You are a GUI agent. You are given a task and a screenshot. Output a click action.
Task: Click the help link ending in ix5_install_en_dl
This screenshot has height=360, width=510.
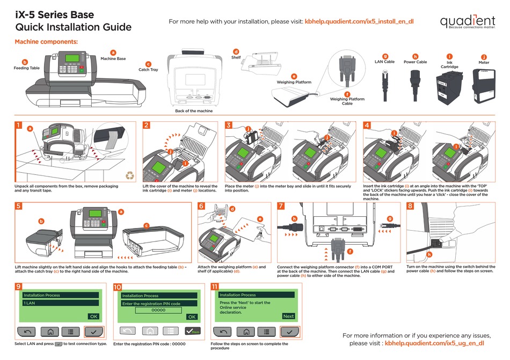pos(359,21)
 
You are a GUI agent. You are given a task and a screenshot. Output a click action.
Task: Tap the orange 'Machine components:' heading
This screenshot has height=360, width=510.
pos(46,41)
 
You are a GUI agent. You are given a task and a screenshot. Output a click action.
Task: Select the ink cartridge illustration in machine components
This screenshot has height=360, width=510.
pos(448,86)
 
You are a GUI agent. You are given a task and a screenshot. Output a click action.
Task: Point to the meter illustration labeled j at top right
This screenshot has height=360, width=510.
pos(483,85)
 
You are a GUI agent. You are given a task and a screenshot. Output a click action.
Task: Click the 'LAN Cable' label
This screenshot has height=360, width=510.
pos(384,62)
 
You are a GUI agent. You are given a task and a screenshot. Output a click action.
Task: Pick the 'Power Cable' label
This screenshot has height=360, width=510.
pos(415,62)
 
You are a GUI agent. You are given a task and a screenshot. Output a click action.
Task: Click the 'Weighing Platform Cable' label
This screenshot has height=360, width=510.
pos(347,101)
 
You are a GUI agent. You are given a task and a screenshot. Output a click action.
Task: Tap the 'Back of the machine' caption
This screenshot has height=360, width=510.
pos(194,111)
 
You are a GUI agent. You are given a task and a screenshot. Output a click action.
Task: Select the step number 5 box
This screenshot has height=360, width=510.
pos(18,206)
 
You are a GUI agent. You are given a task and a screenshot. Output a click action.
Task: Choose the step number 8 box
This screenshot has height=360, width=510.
pos(410,206)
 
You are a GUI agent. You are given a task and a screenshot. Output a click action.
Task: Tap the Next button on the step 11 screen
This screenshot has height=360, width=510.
pos(288,316)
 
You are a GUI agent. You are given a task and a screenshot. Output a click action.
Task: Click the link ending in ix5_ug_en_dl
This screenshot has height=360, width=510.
pos(435,342)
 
